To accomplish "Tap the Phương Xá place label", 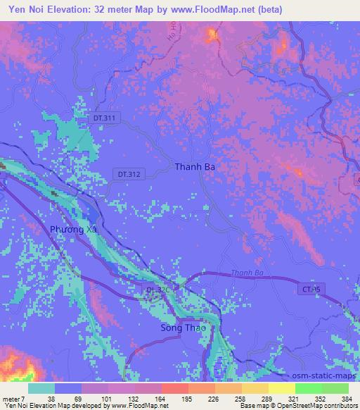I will [73, 230].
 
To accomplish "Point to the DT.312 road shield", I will [130, 173].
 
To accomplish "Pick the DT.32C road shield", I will [158, 290].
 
